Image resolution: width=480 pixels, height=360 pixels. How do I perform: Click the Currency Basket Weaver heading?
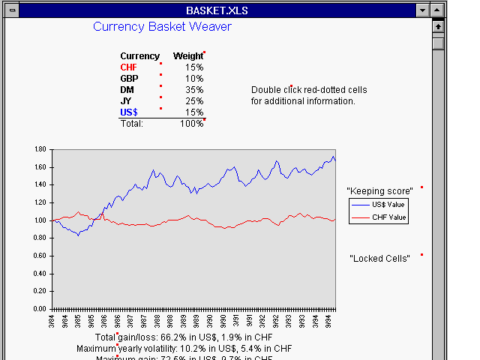tap(162, 27)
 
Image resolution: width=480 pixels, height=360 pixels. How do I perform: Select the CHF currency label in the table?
tap(128, 67)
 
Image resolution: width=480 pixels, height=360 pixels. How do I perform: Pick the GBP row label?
tap(130, 79)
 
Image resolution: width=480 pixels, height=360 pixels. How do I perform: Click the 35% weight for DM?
tap(194, 90)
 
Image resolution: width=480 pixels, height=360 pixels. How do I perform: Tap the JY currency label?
tap(126, 101)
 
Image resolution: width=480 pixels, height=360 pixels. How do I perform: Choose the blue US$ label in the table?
tap(128, 112)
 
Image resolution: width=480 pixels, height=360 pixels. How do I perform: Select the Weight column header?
tap(187, 56)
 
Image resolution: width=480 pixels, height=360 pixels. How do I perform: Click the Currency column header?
tap(139, 56)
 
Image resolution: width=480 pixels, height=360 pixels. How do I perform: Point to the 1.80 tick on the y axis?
tap(40, 149)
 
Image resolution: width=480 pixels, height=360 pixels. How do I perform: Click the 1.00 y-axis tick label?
tap(40, 220)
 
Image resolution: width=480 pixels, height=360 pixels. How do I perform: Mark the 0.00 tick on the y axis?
tap(40, 309)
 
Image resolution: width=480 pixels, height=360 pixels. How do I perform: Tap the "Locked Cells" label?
tap(379, 259)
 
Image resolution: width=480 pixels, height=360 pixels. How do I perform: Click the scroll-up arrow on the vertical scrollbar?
tap(439, 27)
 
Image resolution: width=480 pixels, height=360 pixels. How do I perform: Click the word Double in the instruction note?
tap(265, 90)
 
